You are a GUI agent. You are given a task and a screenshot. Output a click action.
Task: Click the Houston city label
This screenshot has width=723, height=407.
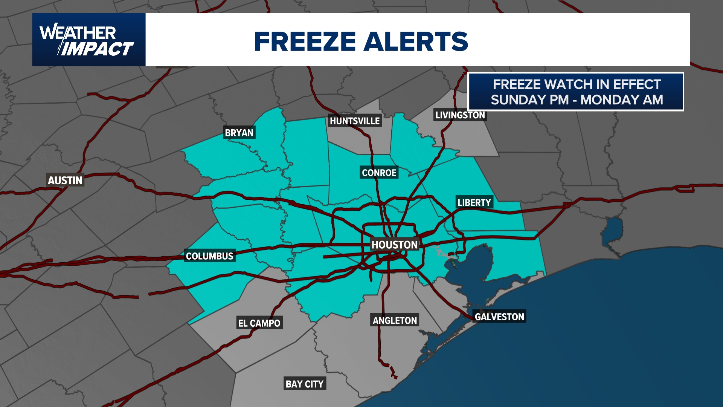394,245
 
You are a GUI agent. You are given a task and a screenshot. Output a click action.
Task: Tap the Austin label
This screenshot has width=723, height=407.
65,181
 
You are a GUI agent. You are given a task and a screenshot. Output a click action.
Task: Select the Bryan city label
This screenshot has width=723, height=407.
239,133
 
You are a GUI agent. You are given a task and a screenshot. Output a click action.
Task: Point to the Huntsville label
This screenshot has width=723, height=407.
355,121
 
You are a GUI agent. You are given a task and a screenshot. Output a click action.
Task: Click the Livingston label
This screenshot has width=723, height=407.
460,115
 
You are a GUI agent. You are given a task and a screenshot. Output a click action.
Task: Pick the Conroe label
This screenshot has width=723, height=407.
379,173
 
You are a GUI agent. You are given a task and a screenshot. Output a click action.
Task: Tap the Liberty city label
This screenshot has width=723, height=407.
474,203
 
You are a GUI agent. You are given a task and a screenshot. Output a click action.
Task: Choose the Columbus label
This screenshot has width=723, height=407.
209,256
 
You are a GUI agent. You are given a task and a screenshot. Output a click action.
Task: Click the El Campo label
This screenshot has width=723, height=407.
259,323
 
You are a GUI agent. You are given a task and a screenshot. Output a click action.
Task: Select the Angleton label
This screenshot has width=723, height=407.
395,321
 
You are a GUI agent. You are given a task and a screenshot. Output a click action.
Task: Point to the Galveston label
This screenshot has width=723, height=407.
499,317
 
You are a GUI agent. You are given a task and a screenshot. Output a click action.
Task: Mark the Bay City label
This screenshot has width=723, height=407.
304,384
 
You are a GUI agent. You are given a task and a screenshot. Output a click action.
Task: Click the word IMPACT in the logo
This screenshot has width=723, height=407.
97,49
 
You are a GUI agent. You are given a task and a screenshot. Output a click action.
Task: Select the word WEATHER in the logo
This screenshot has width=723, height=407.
78,33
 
